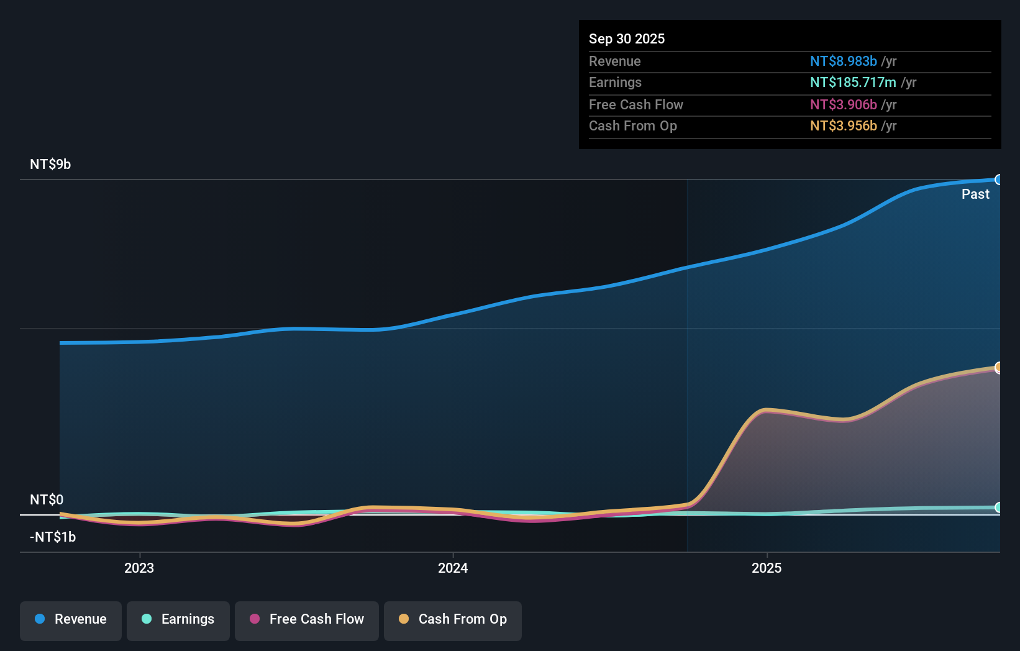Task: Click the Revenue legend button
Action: tap(71, 619)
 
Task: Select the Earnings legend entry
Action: tap(178, 619)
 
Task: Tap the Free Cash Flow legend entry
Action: tap(307, 619)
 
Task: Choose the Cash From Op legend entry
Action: tap(453, 619)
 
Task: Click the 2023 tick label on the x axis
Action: tap(139, 568)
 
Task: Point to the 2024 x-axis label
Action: tap(453, 568)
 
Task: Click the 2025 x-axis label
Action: tap(767, 568)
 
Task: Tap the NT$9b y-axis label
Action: tap(50, 165)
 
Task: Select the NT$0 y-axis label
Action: tap(47, 499)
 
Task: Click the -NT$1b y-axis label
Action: tap(53, 537)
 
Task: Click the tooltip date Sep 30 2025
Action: tap(627, 39)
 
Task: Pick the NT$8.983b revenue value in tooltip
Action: tap(843, 61)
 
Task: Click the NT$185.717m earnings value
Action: tap(853, 83)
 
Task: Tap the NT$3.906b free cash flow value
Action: tap(843, 104)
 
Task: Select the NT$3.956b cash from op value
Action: tap(843, 126)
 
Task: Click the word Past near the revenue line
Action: tap(975, 194)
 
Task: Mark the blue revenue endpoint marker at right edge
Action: tap(998, 180)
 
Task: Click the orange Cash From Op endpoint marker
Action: tap(998, 367)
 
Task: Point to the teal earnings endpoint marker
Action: tap(998, 508)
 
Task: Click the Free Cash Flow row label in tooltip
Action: tap(635, 104)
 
